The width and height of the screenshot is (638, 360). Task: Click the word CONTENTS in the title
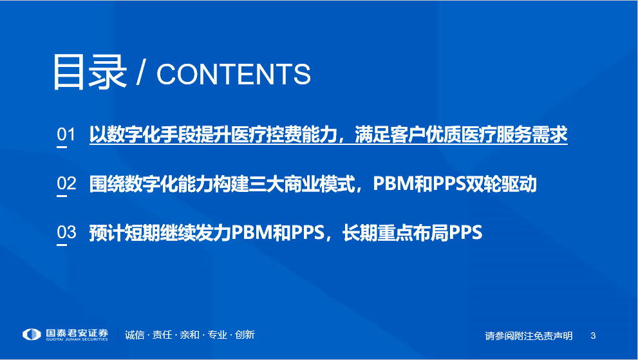click(x=234, y=74)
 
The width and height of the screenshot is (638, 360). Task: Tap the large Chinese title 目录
click(x=89, y=72)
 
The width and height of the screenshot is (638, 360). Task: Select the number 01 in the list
click(x=66, y=135)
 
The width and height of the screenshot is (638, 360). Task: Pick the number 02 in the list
click(x=66, y=184)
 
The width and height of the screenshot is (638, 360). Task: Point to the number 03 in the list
click(x=66, y=232)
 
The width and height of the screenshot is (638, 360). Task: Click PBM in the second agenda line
click(x=393, y=184)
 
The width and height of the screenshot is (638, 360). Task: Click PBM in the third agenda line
click(x=252, y=232)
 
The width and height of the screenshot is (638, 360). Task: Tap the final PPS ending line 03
click(x=465, y=232)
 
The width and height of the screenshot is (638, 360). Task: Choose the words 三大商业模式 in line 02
click(x=301, y=184)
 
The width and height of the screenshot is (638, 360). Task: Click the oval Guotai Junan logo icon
click(x=32, y=334)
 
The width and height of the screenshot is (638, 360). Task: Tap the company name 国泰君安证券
click(x=77, y=333)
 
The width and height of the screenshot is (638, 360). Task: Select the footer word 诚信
click(x=135, y=335)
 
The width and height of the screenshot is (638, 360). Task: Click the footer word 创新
click(x=245, y=335)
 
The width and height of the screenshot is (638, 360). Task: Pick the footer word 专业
click(x=217, y=335)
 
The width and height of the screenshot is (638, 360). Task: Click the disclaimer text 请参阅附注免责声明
click(x=529, y=336)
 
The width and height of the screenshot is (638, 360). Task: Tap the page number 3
click(x=593, y=336)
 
